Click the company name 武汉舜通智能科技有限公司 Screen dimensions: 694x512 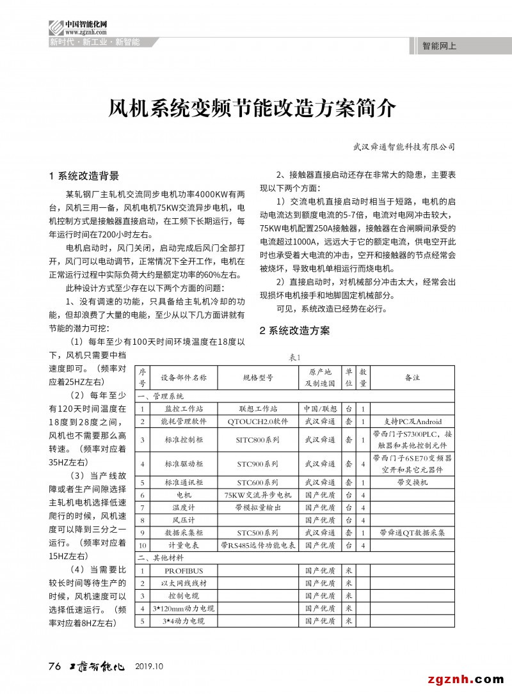click(404, 146)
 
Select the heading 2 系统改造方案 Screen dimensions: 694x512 click(294, 331)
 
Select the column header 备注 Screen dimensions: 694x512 click(412, 377)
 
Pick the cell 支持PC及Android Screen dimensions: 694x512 click(412, 422)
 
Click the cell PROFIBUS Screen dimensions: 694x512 click(184, 571)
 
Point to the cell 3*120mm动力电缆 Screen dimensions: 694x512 click(184, 608)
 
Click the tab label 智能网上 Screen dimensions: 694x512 click(440, 46)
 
